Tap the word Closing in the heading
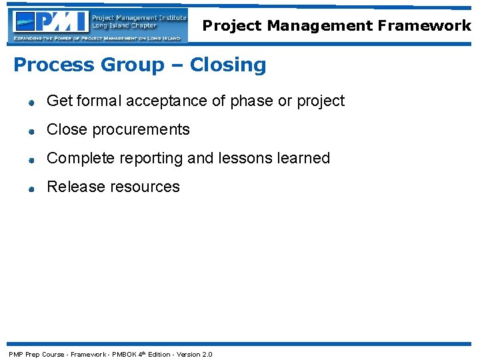(228, 65)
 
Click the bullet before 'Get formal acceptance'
(31, 103)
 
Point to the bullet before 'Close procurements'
(31, 131)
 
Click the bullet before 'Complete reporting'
(31, 160)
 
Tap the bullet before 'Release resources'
(31, 189)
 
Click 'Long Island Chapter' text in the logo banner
(123, 26)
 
